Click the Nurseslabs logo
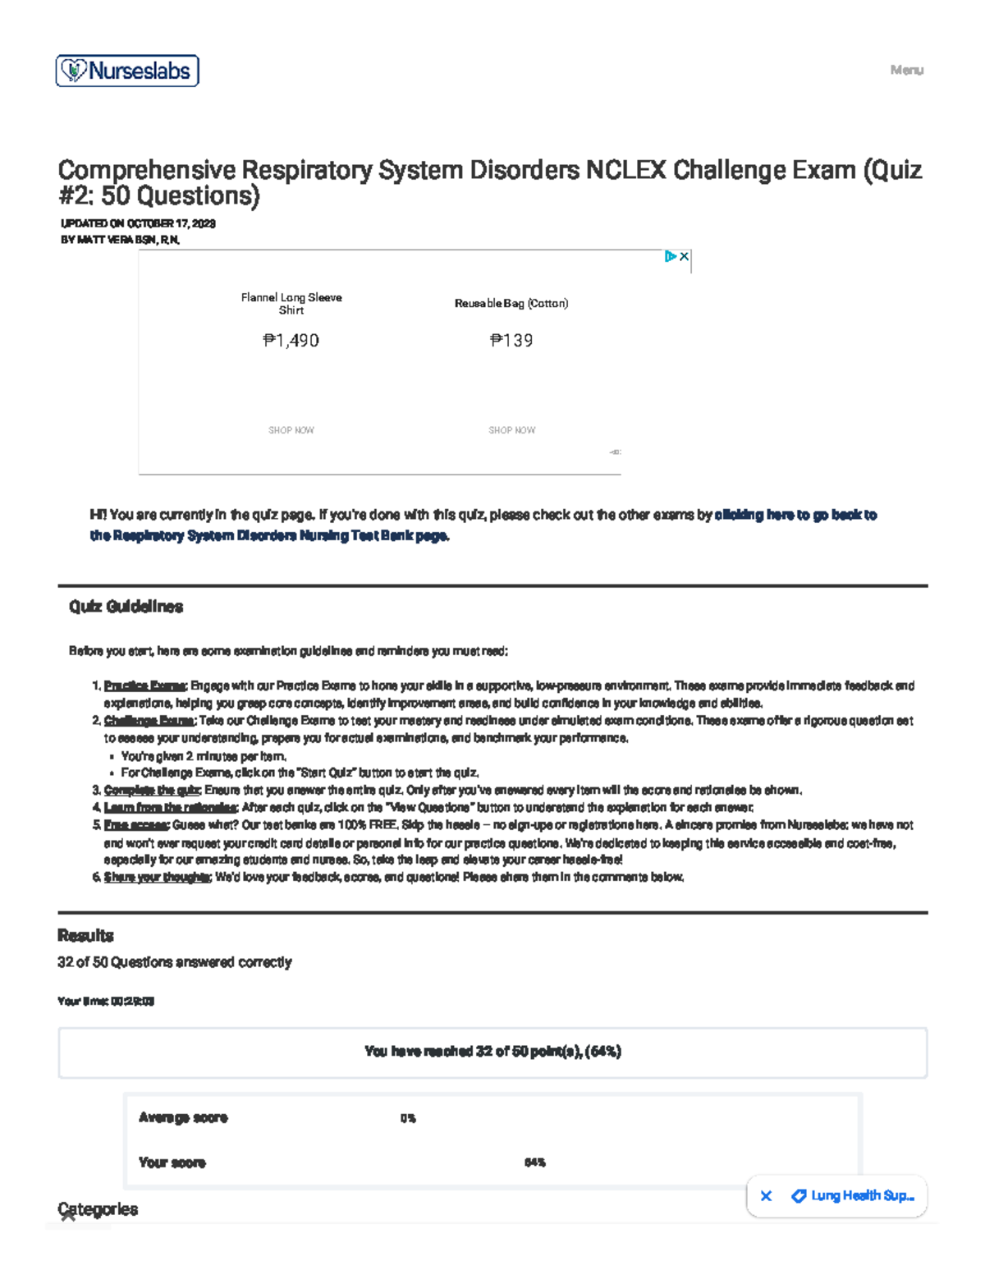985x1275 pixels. [127, 71]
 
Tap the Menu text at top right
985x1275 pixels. [906, 71]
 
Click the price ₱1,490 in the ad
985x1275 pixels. [291, 341]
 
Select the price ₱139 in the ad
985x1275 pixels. [511, 341]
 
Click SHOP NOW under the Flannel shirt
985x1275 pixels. [291, 430]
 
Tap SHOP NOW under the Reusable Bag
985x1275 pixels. [511, 430]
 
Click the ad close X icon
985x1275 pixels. [684, 256]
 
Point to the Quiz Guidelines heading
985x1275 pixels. [126, 607]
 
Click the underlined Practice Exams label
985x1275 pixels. [145, 686]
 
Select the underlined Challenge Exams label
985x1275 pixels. [149, 721]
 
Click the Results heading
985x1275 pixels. [85, 935]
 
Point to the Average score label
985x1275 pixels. [183, 1117]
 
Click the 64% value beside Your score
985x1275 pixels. [534, 1163]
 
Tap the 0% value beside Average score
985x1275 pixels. [408, 1118]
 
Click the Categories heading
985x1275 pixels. [98, 1208]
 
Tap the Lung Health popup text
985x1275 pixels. [862, 1195]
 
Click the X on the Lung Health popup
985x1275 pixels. [766, 1196]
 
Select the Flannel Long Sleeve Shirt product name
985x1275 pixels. [291, 304]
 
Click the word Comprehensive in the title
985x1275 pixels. [146, 170]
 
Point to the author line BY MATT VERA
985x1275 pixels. [120, 240]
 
